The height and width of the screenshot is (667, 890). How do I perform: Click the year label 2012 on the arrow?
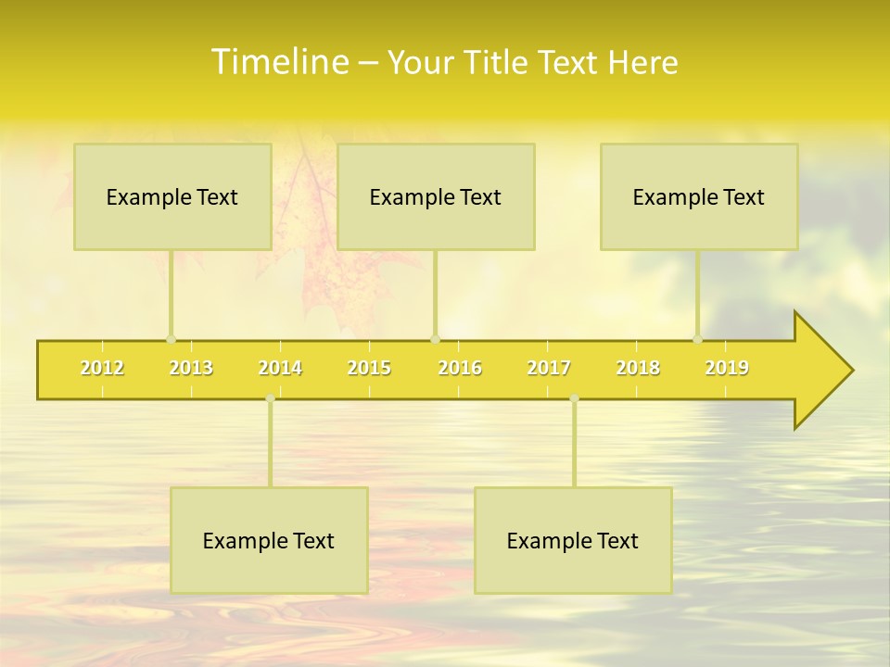102,368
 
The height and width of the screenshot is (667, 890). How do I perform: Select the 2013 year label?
191,368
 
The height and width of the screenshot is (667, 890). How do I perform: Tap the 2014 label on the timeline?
280,368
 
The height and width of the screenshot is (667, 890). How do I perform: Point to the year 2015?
369,368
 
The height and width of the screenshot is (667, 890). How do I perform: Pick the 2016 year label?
460,368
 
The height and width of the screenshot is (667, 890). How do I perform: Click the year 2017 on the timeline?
549,368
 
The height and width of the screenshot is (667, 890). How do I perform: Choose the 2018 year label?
638,368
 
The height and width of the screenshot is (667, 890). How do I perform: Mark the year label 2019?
727,368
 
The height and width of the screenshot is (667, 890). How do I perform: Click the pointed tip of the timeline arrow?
850,371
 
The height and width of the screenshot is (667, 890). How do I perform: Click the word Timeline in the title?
278,62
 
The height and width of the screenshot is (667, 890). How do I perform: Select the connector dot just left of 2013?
171,339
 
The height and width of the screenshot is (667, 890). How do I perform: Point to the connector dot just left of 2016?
435,339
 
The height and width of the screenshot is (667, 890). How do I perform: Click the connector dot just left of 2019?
698,339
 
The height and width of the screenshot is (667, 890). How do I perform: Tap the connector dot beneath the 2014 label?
270,398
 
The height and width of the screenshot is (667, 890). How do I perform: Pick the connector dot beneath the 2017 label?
574,398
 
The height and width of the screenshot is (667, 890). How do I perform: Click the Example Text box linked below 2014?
269,540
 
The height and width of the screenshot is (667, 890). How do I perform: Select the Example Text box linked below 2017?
573,540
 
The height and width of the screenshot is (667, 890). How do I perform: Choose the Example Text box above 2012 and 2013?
172,196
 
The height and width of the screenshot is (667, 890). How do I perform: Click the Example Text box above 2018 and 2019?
699,196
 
